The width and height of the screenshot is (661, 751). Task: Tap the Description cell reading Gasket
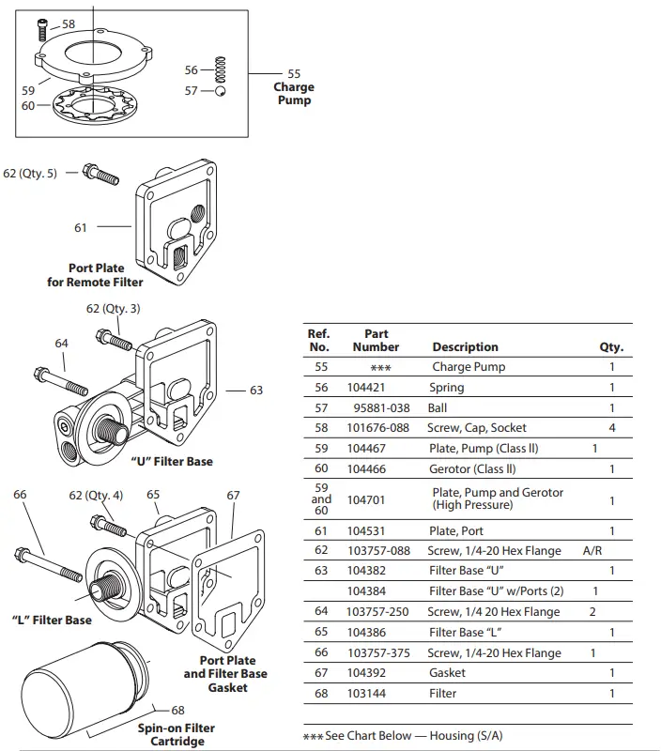(x=447, y=673)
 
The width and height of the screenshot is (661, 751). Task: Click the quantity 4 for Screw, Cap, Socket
(x=611, y=428)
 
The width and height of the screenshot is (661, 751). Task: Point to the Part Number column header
(x=376, y=341)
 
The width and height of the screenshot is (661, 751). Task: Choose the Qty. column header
(x=611, y=347)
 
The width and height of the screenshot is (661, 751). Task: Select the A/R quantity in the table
(x=592, y=551)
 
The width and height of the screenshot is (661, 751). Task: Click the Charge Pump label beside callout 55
(x=294, y=94)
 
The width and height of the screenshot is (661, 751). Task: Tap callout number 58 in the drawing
(x=69, y=23)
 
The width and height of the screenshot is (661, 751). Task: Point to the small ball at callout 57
(x=220, y=91)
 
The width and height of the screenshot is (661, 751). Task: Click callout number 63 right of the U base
(x=256, y=391)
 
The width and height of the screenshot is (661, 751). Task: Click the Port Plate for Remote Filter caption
(x=96, y=275)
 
